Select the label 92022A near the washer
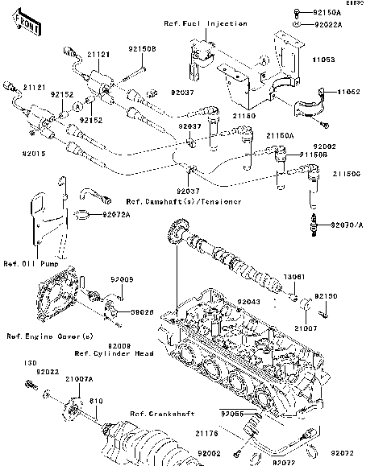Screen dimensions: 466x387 pos(328,26)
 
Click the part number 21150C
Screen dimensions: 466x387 pos(353,173)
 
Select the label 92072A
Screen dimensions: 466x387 pos(116,215)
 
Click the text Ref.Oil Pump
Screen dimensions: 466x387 pos(27,263)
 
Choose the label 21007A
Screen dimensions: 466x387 pos(78,377)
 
